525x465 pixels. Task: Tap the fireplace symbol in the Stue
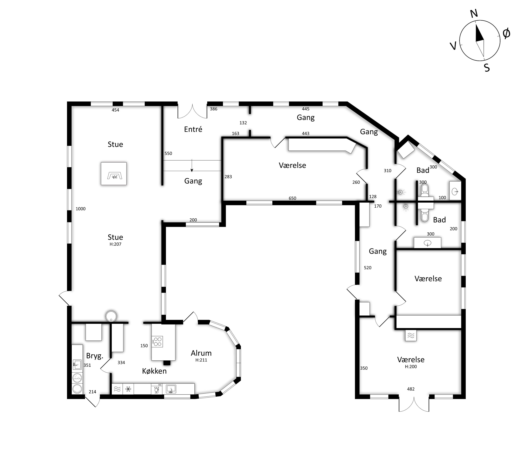click(x=114, y=173)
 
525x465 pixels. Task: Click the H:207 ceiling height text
click(x=115, y=244)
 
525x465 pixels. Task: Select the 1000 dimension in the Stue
click(x=80, y=209)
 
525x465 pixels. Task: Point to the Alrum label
click(x=201, y=353)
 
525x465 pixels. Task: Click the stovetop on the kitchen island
click(x=157, y=342)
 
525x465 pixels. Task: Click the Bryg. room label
click(x=94, y=356)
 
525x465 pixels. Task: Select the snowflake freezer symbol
click(x=128, y=389)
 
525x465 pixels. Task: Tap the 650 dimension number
click(x=292, y=198)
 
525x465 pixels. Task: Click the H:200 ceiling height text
click(x=411, y=367)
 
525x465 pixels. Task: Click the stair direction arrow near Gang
click(x=192, y=165)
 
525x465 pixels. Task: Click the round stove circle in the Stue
click(x=111, y=316)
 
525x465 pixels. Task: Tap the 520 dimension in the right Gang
click(x=367, y=268)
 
